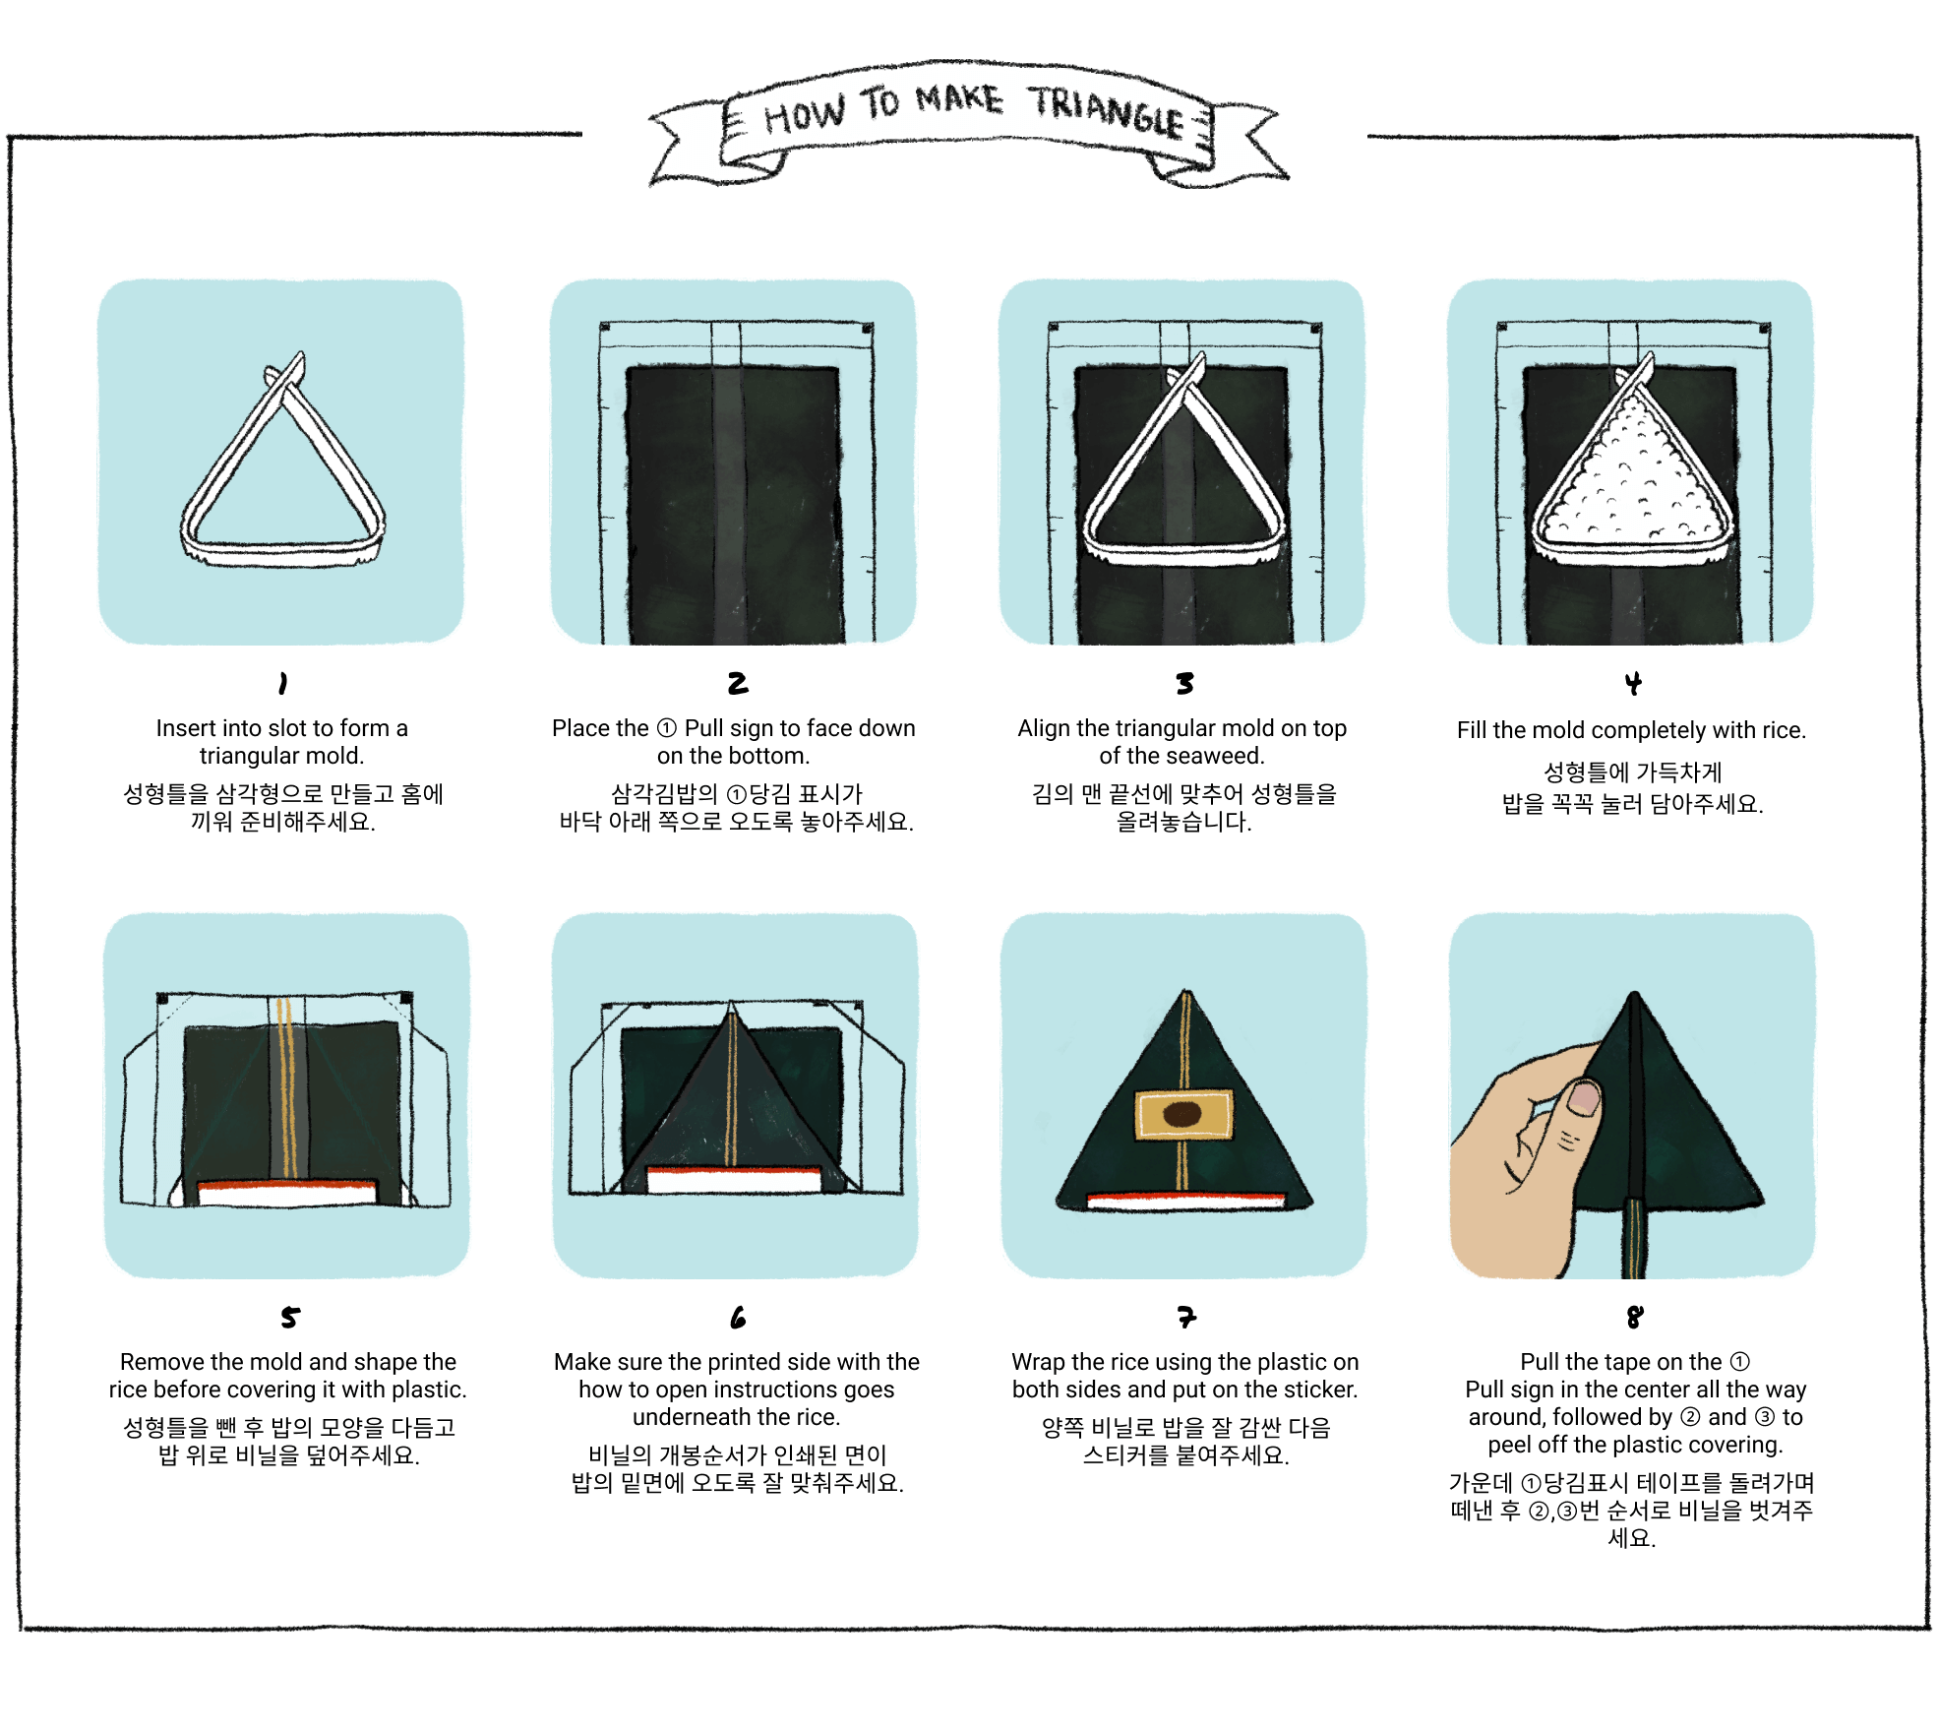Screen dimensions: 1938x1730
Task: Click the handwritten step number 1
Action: [x=282, y=683]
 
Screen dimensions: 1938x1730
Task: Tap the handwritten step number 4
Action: [x=1633, y=683]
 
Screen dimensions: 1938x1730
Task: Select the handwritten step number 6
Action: [x=738, y=1317]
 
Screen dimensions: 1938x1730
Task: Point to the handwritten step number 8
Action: [x=1635, y=1317]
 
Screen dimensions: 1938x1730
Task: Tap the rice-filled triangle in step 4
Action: [x=1632, y=472]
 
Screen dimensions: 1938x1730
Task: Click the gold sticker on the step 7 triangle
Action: [x=1184, y=1115]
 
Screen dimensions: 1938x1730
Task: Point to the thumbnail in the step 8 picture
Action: [x=1584, y=1097]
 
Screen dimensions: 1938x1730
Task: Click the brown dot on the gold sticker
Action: [x=1182, y=1114]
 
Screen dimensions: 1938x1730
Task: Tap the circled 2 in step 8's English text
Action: [x=1690, y=1417]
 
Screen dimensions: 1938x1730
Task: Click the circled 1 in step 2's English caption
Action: [x=667, y=728]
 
